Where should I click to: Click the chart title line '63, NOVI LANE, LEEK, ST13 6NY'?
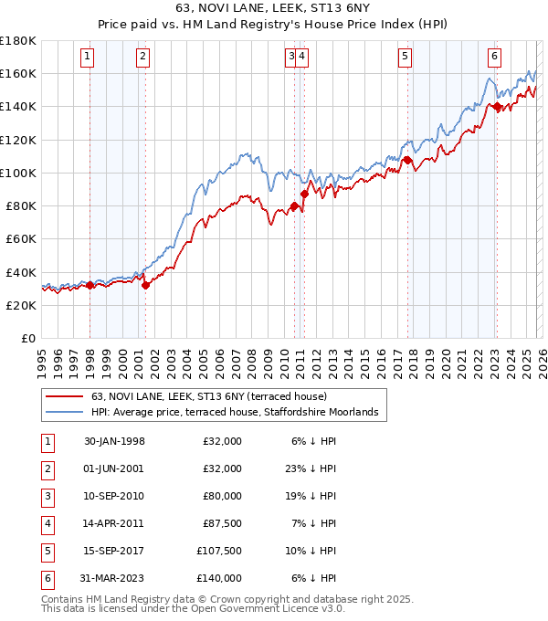pos(274,9)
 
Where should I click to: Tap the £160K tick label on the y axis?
pos(18,73)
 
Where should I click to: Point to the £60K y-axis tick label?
pos(21,238)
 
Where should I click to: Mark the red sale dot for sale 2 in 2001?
pos(145,285)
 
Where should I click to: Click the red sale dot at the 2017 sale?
pos(407,161)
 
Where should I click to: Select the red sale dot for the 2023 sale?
pos(497,107)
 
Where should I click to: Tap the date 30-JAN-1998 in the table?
pos(114,441)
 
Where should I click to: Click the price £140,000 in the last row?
pos(220,578)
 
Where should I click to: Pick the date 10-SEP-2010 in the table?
pos(114,496)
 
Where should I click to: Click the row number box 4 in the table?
pos(47,523)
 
